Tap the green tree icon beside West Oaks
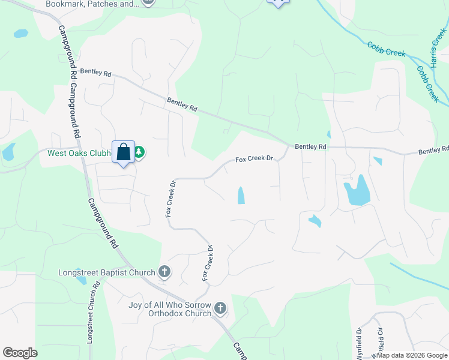click(139, 152)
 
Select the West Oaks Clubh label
click(79, 153)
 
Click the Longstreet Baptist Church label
click(107, 272)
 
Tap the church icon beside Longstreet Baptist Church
click(164, 272)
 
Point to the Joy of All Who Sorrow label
click(170, 304)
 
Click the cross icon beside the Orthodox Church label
click(220, 308)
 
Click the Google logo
click(20, 353)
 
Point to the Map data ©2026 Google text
click(412, 355)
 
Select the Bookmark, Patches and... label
click(92, 4)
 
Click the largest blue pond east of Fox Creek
click(357, 191)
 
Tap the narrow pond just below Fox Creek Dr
click(241, 195)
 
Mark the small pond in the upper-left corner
click(20, 34)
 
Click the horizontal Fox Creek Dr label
click(254, 159)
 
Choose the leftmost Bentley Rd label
click(95, 73)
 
